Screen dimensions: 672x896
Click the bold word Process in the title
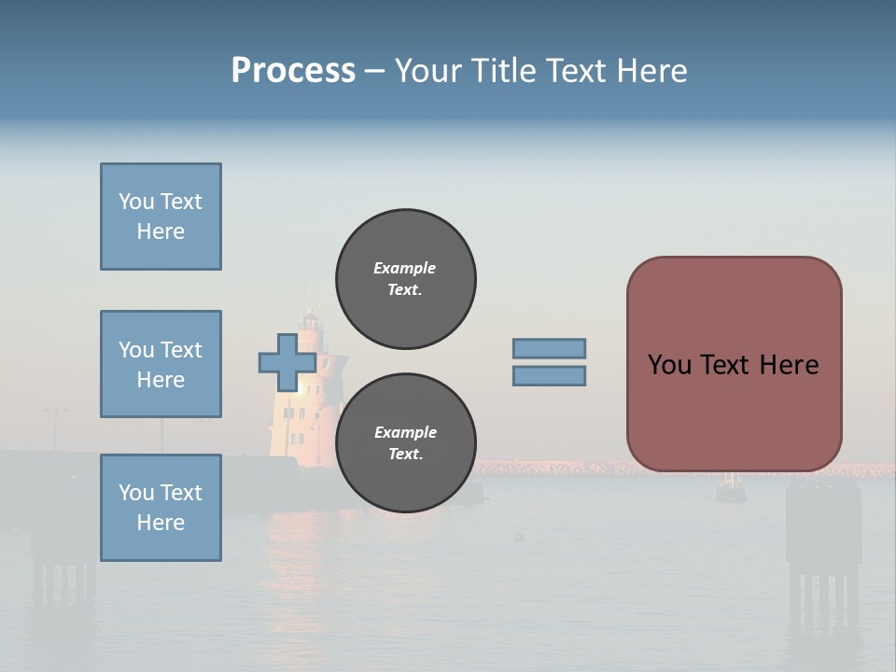pyautogui.click(x=293, y=71)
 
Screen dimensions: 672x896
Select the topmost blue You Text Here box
pyautogui.click(x=161, y=217)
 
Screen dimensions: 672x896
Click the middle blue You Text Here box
pyautogui.click(x=161, y=364)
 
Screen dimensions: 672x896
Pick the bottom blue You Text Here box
pyautogui.click(x=161, y=508)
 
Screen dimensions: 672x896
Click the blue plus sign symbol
pyautogui.click(x=287, y=363)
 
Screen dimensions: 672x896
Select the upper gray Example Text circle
pyautogui.click(x=406, y=279)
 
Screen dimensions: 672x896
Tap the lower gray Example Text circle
pyautogui.click(x=406, y=443)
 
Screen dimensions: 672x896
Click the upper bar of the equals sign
pyautogui.click(x=549, y=348)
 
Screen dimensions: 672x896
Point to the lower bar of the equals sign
pyautogui.click(x=549, y=376)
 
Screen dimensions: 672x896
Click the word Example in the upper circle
pyautogui.click(x=405, y=268)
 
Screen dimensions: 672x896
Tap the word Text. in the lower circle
pyautogui.click(x=405, y=455)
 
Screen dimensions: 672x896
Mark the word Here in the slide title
pyautogui.click(x=651, y=71)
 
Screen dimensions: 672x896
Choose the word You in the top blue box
pyautogui.click(x=134, y=202)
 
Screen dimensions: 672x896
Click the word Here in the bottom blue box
pyautogui.click(x=161, y=523)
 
